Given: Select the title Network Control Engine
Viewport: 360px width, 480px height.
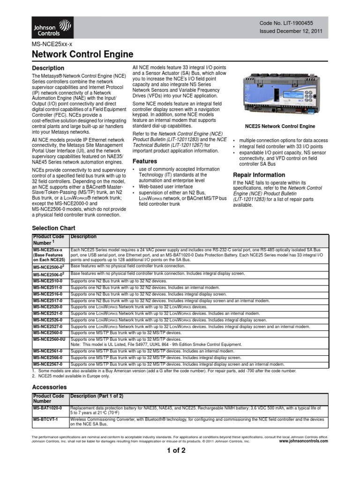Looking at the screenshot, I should [82, 54].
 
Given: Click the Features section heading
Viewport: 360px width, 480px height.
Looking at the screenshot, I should [144, 161].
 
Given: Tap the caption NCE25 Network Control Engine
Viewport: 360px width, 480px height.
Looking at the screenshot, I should [274, 127].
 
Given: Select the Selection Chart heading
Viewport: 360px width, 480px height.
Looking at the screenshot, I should [53, 228].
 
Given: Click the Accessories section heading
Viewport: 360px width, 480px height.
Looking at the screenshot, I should [49, 387].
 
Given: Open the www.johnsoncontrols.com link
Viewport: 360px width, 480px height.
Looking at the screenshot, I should [304, 442].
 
